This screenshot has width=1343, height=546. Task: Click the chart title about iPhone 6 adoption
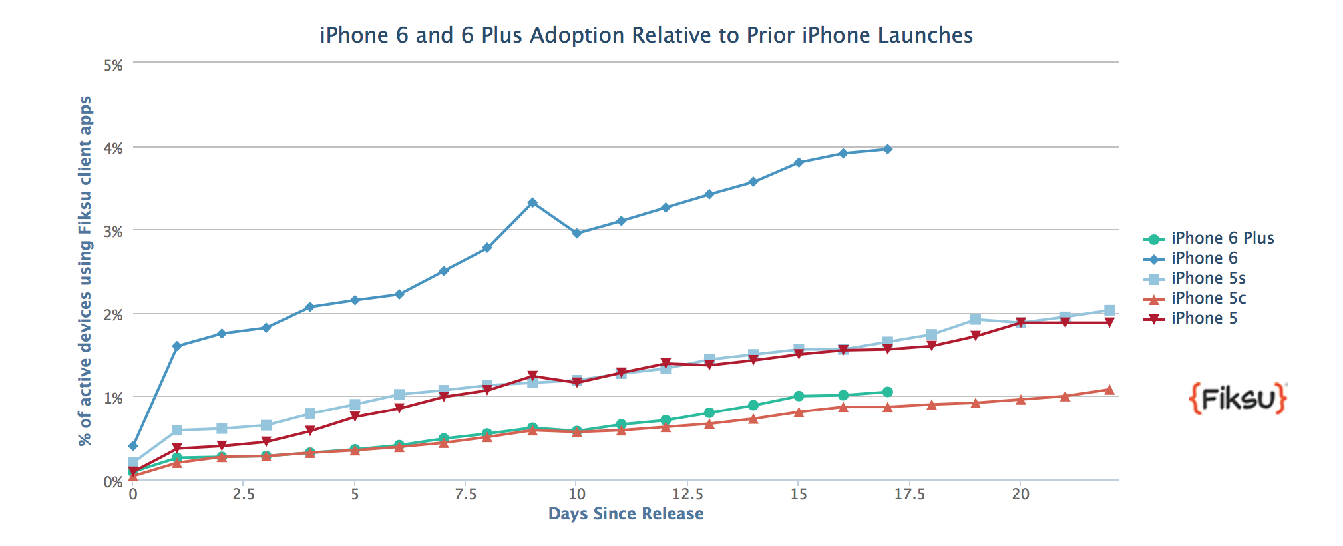646,35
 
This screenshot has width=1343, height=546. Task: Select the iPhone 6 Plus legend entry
1222,238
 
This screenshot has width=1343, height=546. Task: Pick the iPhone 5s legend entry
1208,278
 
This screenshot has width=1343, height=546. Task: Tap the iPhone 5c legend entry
1208,298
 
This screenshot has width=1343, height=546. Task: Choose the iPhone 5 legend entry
1204,318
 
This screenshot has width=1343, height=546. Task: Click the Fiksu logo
1238,399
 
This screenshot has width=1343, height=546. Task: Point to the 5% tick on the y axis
113,65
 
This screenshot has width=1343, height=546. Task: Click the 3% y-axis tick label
113,232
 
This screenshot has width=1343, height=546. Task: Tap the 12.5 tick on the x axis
687,494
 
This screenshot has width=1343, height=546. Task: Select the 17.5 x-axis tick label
909,494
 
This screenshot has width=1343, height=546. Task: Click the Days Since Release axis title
626,514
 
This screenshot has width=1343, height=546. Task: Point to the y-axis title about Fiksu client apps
85,271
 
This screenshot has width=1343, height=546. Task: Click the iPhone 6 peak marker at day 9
532,202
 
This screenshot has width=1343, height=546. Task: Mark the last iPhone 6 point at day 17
887,149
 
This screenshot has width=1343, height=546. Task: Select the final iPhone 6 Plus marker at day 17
887,392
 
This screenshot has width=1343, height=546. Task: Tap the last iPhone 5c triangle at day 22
1109,390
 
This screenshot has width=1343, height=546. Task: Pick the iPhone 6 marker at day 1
177,346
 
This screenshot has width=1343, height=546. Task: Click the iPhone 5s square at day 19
976,320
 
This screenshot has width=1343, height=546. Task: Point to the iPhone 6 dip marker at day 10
577,233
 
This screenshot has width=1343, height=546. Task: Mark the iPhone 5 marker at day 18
932,346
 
